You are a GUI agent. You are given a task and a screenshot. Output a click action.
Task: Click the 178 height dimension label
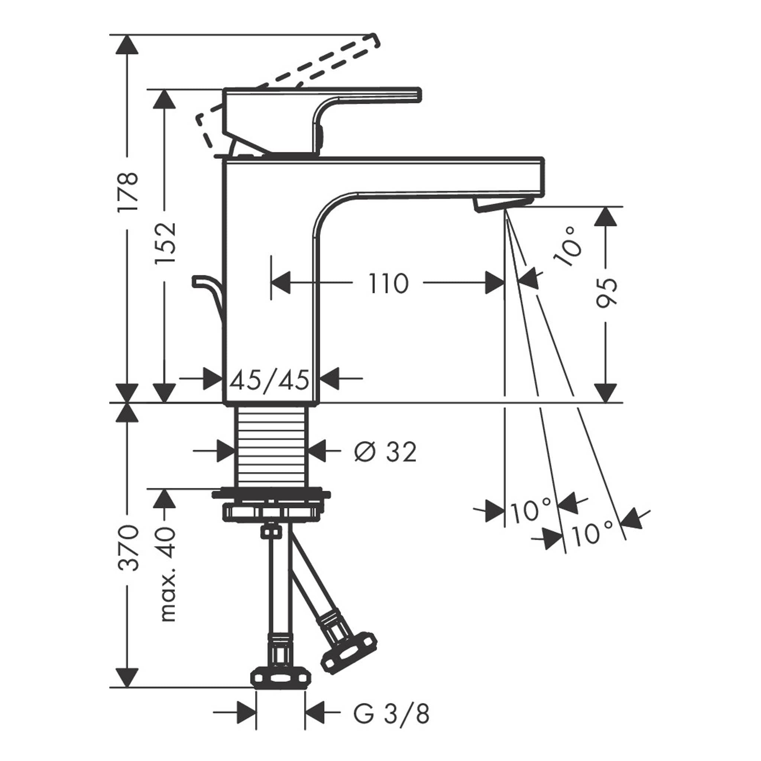coord(127,192)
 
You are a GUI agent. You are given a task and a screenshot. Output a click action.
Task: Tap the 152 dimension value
coord(165,243)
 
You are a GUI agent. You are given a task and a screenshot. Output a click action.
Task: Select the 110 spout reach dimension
coord(388,283)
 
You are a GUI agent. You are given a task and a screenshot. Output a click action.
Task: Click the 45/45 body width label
coord(269,380)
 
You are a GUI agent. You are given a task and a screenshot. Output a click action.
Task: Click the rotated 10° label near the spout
coord(568,247)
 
